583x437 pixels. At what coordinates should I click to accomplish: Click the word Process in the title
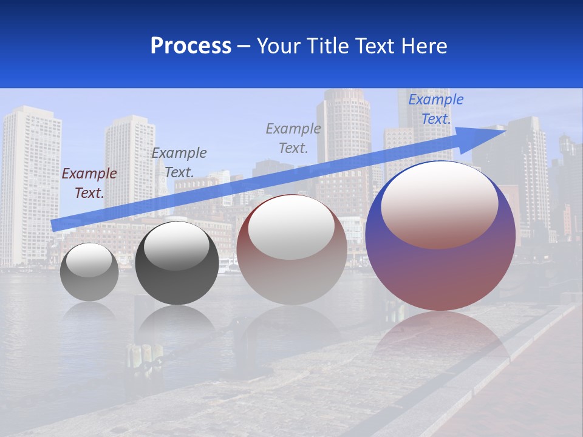191,46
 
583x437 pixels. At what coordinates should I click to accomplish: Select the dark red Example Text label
89,183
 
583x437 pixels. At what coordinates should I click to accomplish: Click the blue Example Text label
435,109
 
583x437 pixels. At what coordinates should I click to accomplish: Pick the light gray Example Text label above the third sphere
293,138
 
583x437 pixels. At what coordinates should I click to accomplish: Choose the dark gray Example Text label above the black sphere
179,162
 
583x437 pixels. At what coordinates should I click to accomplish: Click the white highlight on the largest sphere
439,203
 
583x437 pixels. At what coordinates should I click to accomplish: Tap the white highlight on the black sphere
176,246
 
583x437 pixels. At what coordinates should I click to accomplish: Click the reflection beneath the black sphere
177,325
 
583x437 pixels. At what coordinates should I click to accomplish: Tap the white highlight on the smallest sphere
89,260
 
